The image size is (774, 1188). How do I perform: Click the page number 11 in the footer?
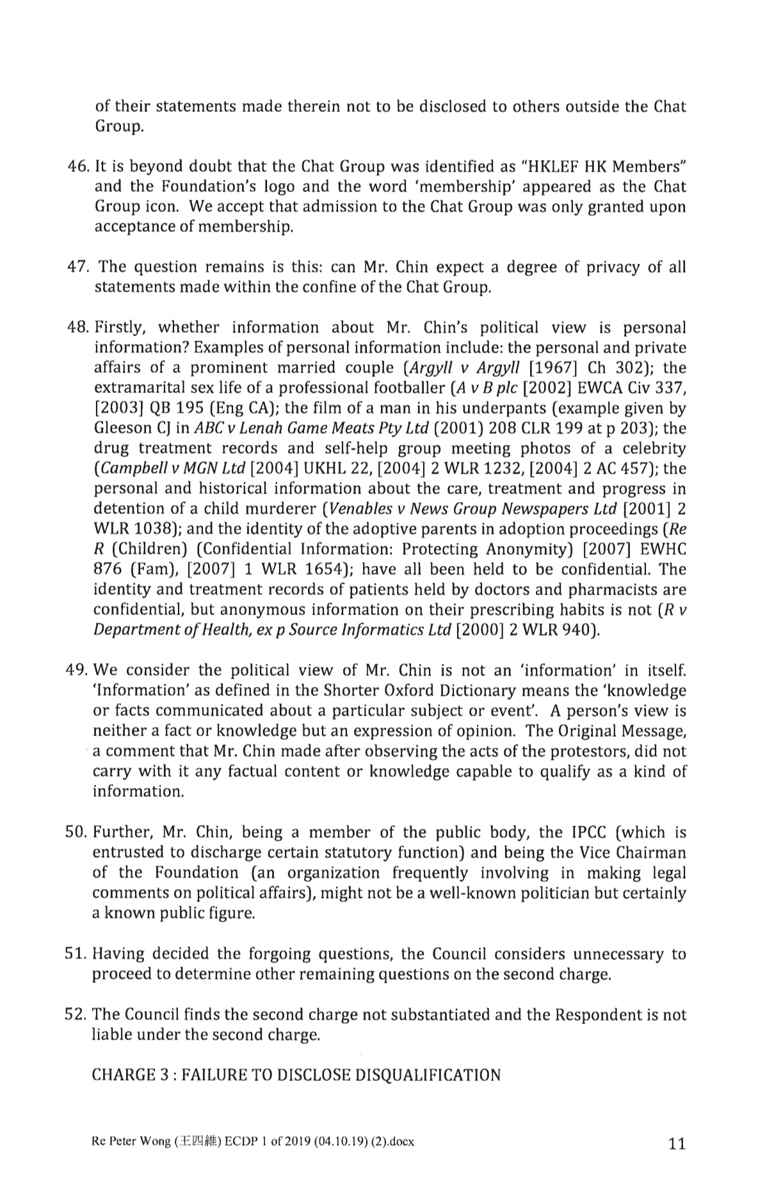676,1144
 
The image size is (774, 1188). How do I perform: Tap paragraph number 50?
77,832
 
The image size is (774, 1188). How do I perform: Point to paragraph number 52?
77,1015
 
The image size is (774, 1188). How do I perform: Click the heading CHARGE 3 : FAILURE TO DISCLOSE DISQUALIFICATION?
296,1075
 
